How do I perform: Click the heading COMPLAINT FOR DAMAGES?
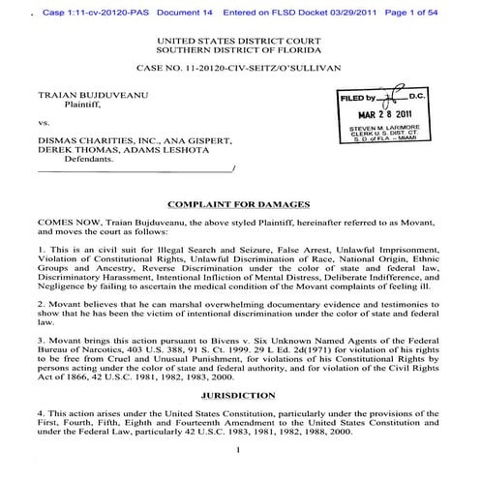pyautogui.click(x=238, y=204)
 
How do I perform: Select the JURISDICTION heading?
pyautogui.click(x=238, y=396)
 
